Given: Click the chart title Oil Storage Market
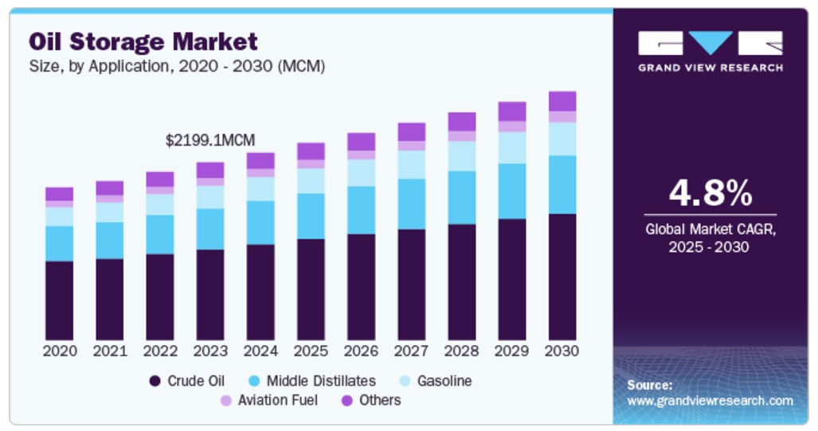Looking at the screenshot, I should [x=144, y=41].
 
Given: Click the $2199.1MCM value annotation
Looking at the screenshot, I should [x=210, y=140].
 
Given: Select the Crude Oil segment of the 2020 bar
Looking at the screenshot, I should [x=59, y=300].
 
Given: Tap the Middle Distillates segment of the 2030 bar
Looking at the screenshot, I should [x=562, y=184].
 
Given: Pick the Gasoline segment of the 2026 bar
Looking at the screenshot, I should [x=361, y=173].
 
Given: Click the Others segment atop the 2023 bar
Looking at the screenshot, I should [x=210, y=170].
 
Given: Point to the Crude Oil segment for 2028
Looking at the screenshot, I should [x=462, y=282].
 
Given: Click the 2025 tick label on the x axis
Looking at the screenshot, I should [x=311, y=351].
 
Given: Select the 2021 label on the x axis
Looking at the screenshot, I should [x=110, y=351].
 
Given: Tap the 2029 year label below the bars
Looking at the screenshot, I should [x=512, y=351].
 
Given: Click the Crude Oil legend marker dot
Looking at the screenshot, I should [x=155, y=381].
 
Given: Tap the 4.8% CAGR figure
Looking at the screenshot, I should [x=710, y=193].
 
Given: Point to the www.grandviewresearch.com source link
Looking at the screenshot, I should [x=710, y=401].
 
